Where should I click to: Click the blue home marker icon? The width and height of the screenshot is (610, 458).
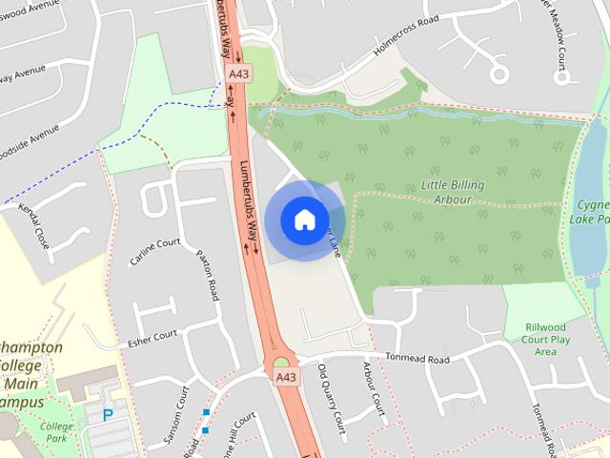tap(303, 219)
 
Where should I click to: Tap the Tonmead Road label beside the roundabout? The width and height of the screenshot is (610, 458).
tap(417, 360)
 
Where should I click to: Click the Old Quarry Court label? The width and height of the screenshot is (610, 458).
tap(330, 394)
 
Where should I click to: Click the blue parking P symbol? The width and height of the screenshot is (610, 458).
tap(108, 415)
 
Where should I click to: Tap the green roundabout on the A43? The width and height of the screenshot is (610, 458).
tap(281, 362)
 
